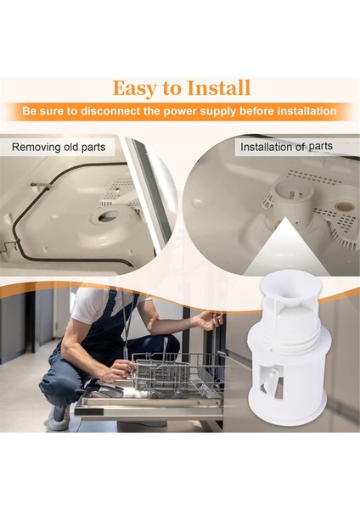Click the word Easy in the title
tap(137, 88)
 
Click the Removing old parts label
tap(58, 147)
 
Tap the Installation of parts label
tap(286, 147)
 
